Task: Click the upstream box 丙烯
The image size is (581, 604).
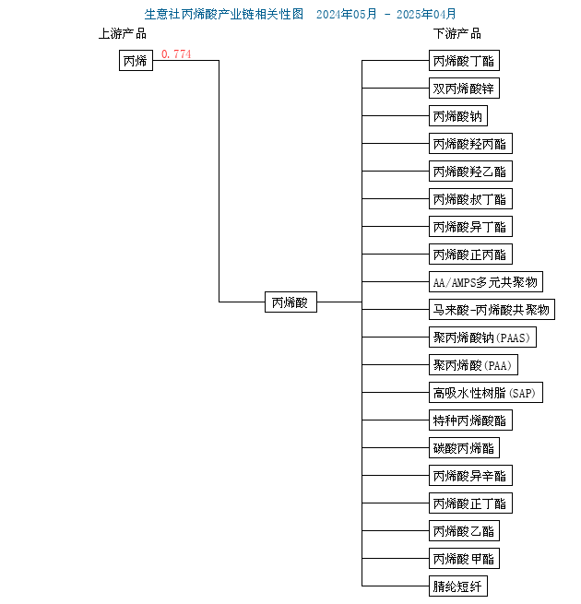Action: (136, 61)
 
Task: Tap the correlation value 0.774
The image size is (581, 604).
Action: (176, 53)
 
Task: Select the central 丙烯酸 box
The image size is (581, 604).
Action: (290, 302)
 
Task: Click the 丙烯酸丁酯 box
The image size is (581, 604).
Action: (464, 61)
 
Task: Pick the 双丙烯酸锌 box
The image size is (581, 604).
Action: (464, 89)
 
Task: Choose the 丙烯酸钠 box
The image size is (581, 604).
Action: (458, 116)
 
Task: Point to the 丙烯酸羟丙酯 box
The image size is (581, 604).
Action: (470, 144)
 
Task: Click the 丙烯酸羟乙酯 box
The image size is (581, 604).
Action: (470, 171)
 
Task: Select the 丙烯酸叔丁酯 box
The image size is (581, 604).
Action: (470, 199)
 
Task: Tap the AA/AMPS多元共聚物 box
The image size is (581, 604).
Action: (486, 282)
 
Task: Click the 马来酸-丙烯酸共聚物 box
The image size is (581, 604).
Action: (492, 309)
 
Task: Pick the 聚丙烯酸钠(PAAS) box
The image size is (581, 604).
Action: (482, 338)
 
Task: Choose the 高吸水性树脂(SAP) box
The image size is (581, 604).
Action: (486, 393)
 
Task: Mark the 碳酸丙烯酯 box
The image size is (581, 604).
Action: (464, 447)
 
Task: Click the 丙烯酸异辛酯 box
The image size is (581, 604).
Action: (470, 475)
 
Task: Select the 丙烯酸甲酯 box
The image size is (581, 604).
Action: (464, 559)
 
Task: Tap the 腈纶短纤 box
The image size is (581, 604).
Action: (458, 586)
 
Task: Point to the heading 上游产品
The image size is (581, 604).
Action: (123, 34)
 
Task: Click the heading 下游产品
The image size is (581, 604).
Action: (456, 34)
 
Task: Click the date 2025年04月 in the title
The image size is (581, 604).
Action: (426, 14)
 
